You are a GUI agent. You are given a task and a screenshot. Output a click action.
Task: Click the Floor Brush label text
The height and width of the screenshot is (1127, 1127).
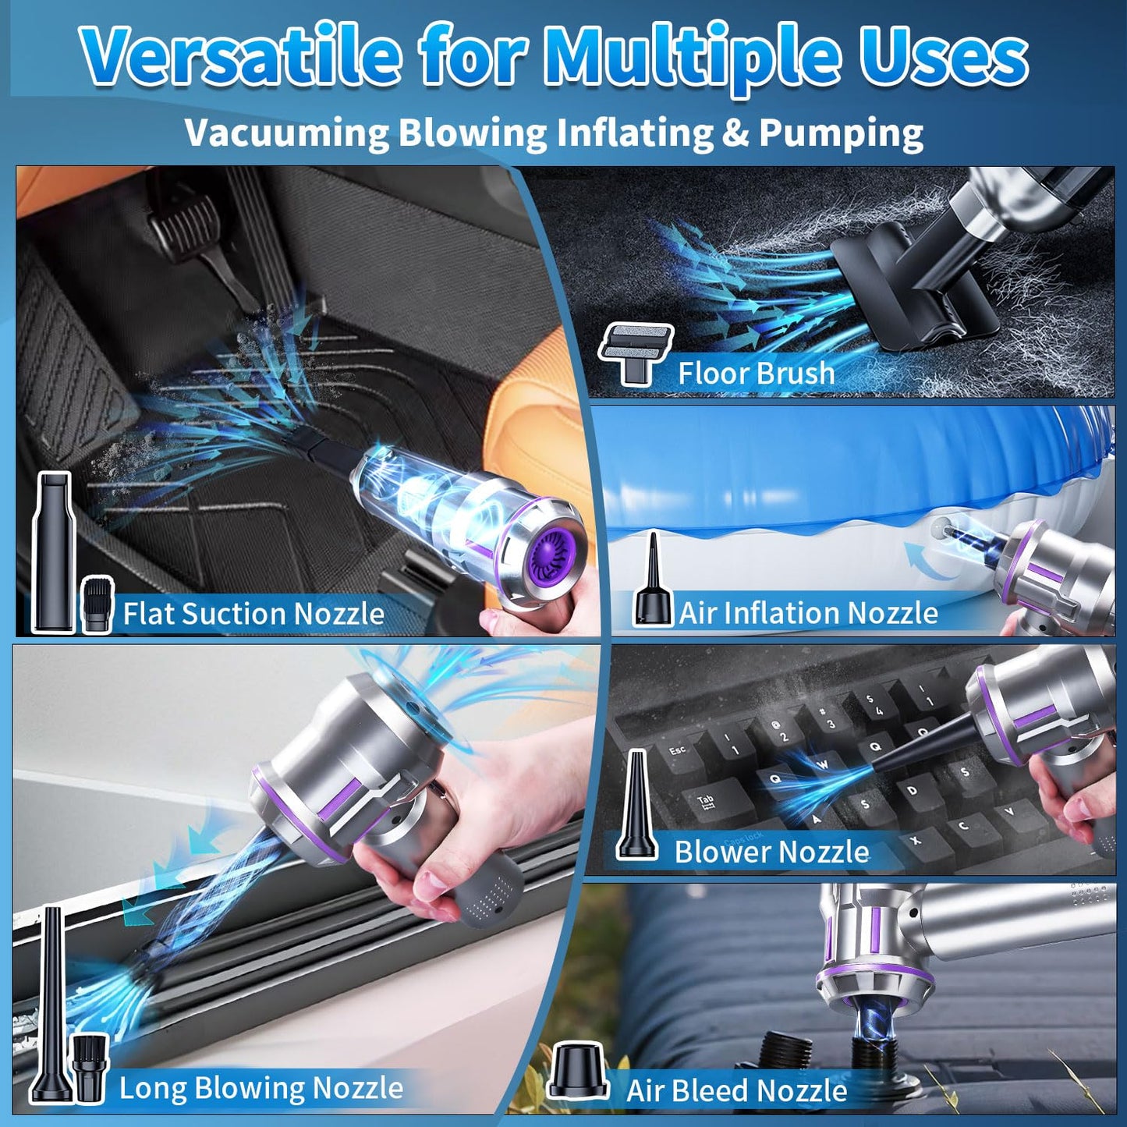(x=756, y=373)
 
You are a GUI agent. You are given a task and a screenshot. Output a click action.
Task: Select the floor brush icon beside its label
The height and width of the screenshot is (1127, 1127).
(x=636, y=353)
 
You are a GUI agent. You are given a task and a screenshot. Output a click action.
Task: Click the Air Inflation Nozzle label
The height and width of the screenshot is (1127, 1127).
(x=808, y=613)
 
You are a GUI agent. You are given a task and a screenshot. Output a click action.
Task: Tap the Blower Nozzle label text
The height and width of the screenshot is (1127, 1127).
(x=771, y=851)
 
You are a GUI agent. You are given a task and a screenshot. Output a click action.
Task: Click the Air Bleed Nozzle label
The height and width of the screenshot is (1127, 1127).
(x=736, y=1090)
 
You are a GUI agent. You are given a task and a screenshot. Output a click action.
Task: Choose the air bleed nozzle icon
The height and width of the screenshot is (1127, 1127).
(x=578, y=1069)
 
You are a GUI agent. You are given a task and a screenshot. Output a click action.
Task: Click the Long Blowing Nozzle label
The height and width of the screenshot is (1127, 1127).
(x=260, y=1087)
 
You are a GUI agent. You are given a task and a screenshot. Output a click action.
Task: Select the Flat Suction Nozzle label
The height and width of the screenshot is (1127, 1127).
(x=253, y=613)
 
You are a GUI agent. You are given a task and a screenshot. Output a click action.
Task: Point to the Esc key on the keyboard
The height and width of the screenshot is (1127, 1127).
(x=677, y=751)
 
